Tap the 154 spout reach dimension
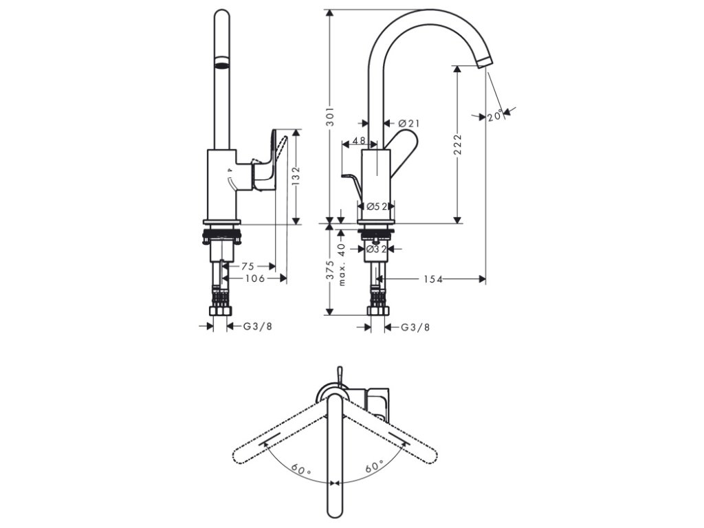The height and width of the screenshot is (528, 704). (x=432, y=279)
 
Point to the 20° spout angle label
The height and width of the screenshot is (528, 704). (x=495, y=116)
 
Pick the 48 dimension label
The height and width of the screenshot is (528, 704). (x=358, y=140)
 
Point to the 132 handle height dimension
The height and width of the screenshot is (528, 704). (x=296, y=177)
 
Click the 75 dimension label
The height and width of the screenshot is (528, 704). (x=247, y=266)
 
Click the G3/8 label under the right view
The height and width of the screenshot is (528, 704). (x=416, y=327)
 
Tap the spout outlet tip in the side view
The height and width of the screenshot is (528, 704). (x=485, y=62)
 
